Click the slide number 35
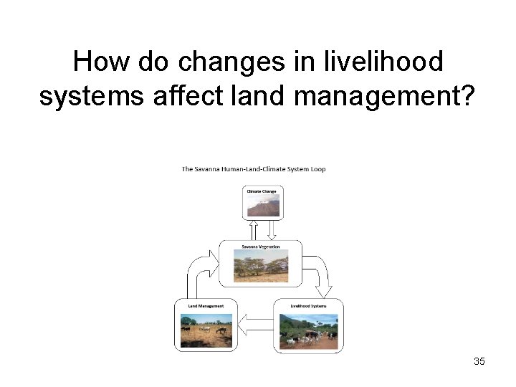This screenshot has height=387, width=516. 479,361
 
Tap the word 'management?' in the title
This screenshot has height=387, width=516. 398,95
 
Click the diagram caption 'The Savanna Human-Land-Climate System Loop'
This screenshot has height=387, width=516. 253,169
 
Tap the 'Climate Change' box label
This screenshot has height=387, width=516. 262,191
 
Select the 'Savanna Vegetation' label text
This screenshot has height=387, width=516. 260,247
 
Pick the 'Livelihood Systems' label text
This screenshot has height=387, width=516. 308,306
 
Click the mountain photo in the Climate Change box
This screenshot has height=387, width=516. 263,206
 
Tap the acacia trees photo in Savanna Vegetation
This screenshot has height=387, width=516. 260,265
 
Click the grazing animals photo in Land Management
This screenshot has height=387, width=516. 206,330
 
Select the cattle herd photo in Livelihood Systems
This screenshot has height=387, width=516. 308,330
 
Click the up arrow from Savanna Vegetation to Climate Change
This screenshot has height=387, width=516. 253,229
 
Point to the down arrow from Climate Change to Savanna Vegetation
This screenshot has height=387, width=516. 272,229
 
